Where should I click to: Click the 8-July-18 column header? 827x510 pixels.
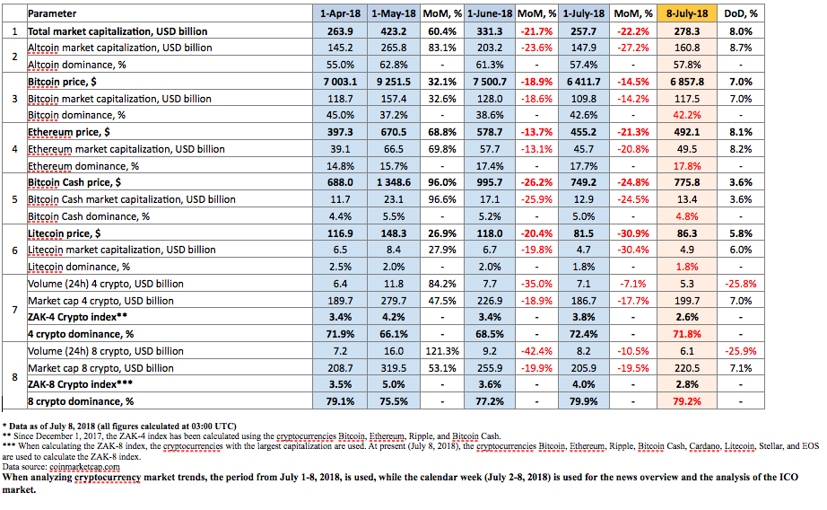tap(687, 13)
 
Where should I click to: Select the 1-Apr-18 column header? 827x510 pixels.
tap(340, 13)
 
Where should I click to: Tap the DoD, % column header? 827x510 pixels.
tap(741, 13)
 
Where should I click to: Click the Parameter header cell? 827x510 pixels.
tap(52, 13)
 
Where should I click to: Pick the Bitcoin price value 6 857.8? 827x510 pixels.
tap(687, 82)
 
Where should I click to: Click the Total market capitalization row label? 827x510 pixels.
tap(118, 31)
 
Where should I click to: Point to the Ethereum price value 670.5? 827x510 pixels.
tap(394, 132)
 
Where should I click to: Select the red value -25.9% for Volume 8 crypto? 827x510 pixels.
tap(741, 351)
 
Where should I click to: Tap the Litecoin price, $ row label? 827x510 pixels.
tap(64, 233)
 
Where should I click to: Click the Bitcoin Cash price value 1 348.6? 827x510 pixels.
tap(394, 182)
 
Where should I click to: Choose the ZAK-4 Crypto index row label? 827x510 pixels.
tap(77, 317)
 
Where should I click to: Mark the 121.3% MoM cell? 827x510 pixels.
tap(442, 351)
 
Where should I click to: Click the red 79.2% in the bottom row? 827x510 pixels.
tap(687, 401)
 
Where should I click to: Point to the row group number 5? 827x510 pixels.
tap(14, 199)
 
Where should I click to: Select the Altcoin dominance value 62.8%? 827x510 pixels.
tap(394, 65)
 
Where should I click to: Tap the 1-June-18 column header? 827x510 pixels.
tap(490, 13)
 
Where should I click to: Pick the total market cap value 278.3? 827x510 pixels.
tap(687, 31)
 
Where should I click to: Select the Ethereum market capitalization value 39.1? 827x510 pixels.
tap(340, 149)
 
